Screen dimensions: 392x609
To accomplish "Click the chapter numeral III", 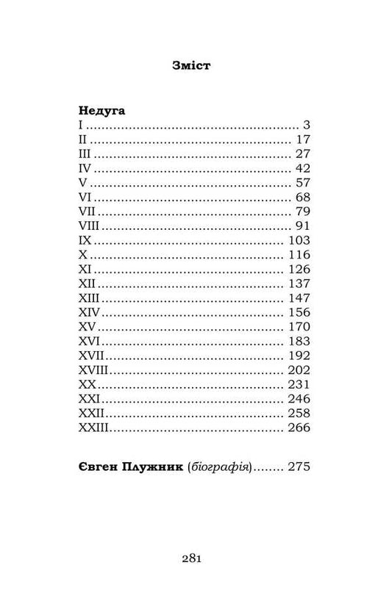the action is point(84,154).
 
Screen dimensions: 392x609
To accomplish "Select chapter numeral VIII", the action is point(88,226).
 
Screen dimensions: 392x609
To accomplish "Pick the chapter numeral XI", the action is point(83,269).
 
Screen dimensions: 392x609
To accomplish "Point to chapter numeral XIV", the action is point(87,312).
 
